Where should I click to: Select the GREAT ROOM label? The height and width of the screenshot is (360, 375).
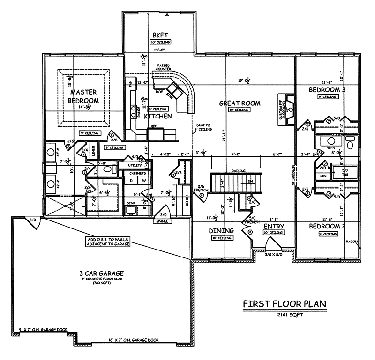[x=240, y=103]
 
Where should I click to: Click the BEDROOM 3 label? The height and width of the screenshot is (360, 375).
[x=327, y=89]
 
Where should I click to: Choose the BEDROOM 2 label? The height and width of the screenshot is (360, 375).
[x=327, y=226]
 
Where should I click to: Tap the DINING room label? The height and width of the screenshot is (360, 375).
[x=222, y=231]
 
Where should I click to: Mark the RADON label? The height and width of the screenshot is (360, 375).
[x=352, y=242]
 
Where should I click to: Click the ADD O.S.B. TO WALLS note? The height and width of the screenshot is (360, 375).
[x=107, y=242]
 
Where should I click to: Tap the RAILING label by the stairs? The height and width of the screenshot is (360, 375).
[x=233, y=171]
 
